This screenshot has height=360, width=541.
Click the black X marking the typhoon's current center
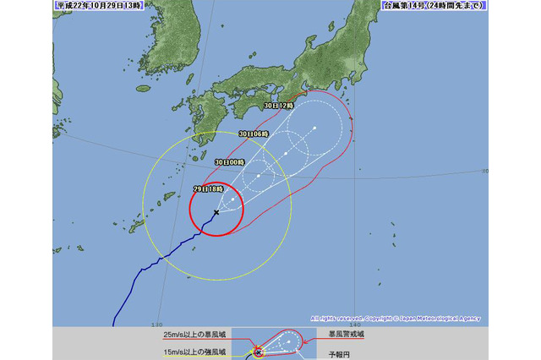point(216,211)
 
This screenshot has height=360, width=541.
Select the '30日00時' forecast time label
point(229,161)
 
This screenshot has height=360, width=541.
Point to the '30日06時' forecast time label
point(254,134)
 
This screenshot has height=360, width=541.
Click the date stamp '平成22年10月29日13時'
point(93,6)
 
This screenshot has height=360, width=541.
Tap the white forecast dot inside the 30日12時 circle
point(314,128)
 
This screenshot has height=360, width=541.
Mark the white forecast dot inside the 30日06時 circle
point(287,154)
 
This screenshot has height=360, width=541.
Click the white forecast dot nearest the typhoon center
point(233,199)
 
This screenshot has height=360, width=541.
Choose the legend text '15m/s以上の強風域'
point(185,351)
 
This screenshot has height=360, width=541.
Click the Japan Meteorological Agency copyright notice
point(396,319)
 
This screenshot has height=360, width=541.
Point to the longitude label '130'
point(156,324)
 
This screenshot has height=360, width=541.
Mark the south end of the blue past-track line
point(113,324)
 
